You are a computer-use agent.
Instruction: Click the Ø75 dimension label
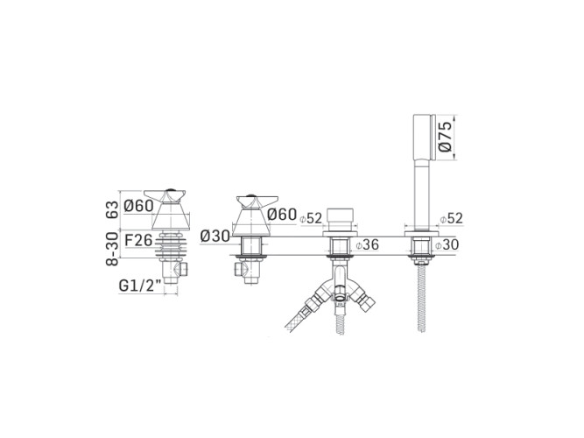(x=446, y=138)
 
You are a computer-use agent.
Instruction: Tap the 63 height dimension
(x=112, y=209)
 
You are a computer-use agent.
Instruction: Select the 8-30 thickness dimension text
(x=112, y=249)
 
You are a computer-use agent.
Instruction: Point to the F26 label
(x=138, y=240)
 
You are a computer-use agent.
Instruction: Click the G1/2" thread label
(x=140, y=286)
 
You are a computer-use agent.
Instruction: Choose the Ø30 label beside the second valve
(x=215, y=236)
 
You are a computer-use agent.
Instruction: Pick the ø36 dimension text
(x=367, y=245)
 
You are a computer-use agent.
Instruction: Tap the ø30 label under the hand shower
(x=447, y=245)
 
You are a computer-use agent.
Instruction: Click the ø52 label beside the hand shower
(x=452, y=218)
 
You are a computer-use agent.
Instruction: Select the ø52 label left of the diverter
(x=311, y=218)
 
